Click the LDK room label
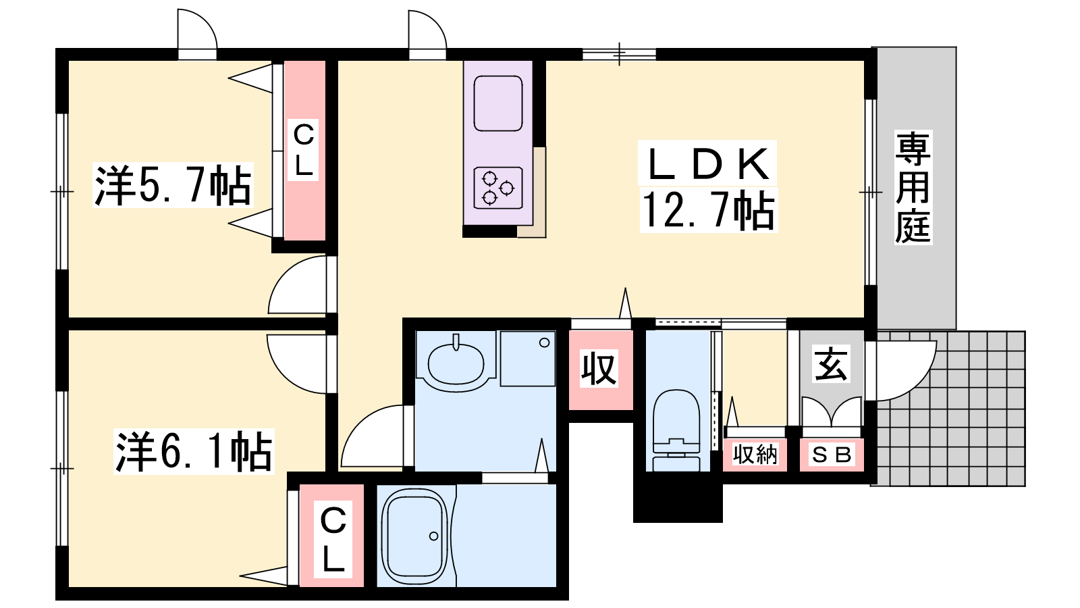pos(707,164)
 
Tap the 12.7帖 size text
pos(708,210)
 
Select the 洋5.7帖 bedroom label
pos(173,185)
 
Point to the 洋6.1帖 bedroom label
pos(193,451)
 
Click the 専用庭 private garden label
pos(913,187)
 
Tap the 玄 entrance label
pos(830,363)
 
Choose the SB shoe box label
pos(832,455)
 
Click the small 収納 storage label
pos(755,454)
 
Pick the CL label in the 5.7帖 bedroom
pos(303,149)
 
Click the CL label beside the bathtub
pos(333,539)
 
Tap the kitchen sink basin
pos(498,103)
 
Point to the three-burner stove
pos(498,188)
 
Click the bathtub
pos(414,537)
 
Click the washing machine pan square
pos(528,358)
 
